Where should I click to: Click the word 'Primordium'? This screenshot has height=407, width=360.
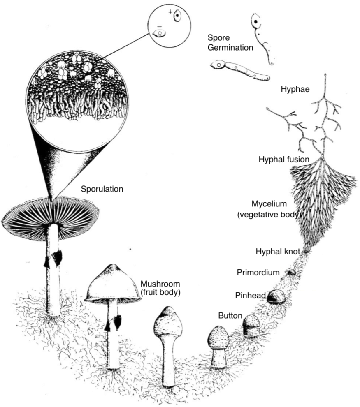click(258, 272)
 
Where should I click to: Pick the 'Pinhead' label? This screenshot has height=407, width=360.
click(249, 295)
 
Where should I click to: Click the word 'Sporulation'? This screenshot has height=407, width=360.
click(102, 190)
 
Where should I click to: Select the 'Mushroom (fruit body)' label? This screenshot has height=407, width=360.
click(160, 288)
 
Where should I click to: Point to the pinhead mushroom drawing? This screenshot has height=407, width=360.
click(275, 296)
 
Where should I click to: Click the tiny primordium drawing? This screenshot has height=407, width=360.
click(292, 272)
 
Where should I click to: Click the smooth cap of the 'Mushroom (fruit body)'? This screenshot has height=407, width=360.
click(112, 284)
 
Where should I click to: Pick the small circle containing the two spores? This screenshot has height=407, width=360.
click(169, 24)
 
